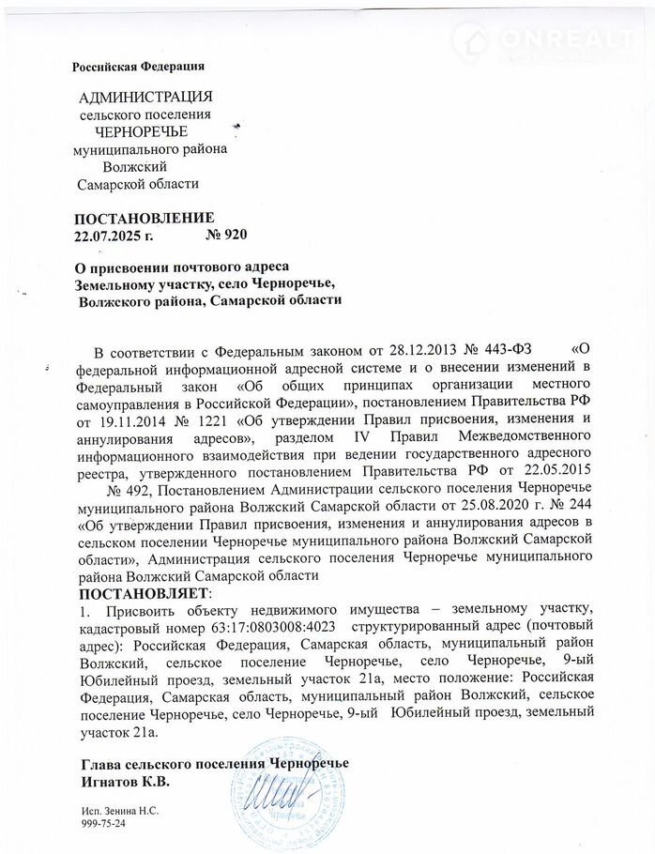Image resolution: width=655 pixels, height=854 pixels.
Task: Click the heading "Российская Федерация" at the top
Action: click(x=139, y=65)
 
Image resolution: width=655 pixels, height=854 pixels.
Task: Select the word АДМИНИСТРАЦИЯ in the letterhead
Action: click(x=145, y=98)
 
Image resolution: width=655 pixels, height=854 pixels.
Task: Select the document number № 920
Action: click(x=224, y=234)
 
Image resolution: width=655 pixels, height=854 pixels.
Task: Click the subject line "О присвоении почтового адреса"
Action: click(x=181, y=267)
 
